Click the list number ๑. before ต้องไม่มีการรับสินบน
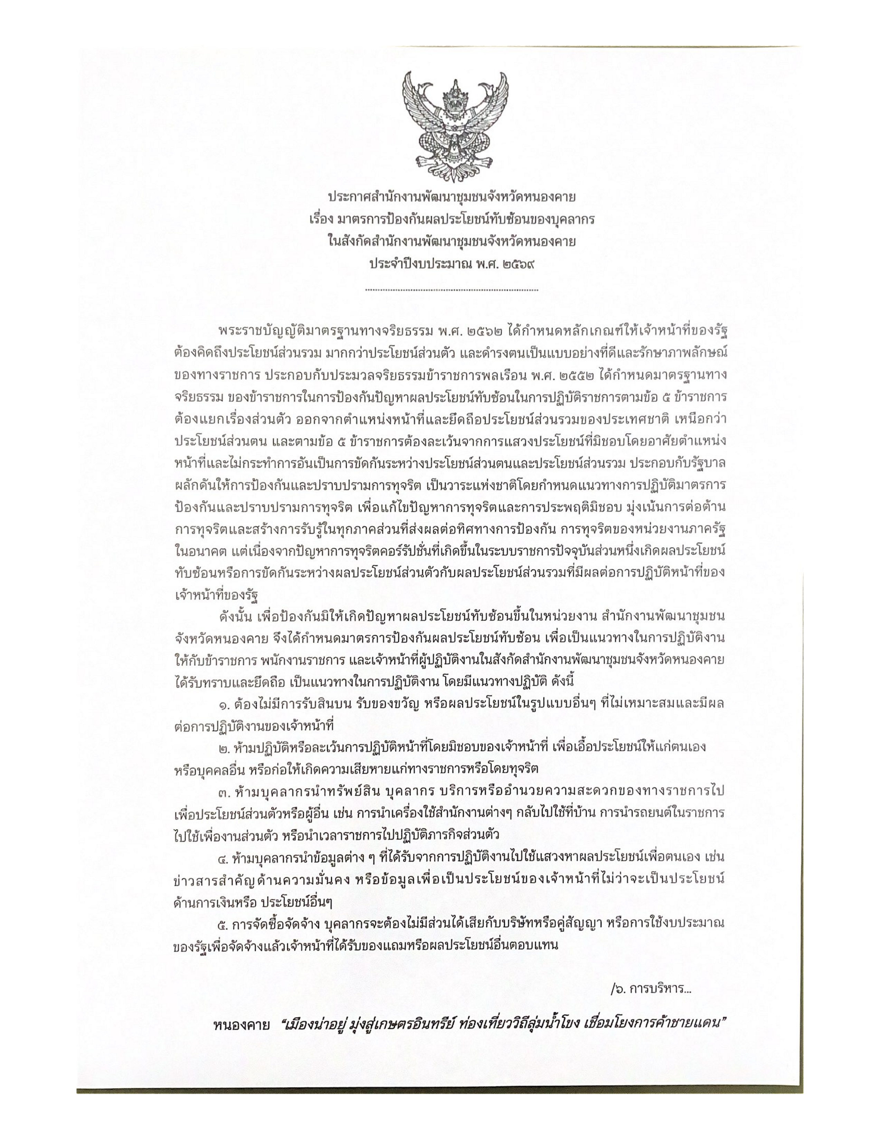(x=225, y=704)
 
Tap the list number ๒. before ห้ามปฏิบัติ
(x=225, y=748)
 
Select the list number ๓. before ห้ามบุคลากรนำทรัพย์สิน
(x=225, y=792)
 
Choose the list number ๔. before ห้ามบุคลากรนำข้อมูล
(x=225, y=858)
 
